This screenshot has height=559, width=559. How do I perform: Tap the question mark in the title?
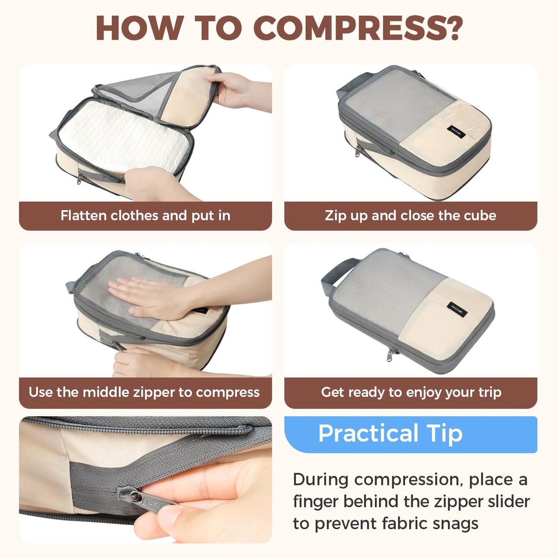pyautogui.click(x=452, y=28)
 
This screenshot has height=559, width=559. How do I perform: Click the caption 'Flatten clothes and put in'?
pyautogui.click(x=145, y=215)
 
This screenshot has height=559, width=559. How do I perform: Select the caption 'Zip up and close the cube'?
pyautogui.click(x=410, y=215)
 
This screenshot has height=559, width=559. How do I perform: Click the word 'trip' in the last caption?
pyautogui.click(x=490, y=392)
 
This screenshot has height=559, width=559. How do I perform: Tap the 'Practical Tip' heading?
pyautogui.click(x=390, y=433)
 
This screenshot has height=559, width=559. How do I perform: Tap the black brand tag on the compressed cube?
pyautogui.click(x=457, y=308)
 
